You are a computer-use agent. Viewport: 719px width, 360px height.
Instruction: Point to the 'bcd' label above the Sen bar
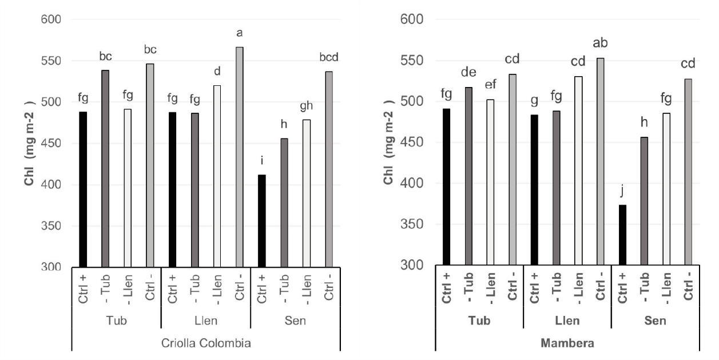[328, 59]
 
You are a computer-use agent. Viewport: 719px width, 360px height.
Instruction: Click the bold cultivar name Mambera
[567, 343]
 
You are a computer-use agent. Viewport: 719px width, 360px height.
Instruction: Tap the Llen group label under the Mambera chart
[567, 321]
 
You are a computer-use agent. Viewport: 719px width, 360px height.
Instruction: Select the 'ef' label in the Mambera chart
[490, 85]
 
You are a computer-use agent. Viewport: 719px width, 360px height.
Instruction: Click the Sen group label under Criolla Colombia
[296, 321]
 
